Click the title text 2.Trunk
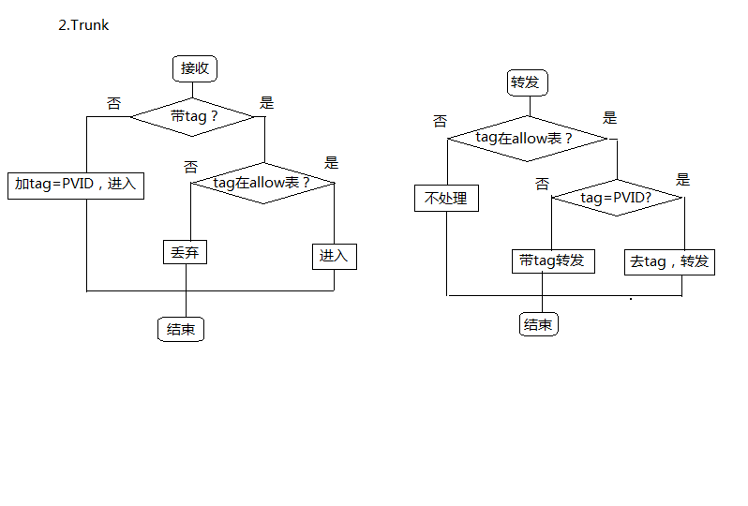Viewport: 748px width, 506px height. tap(83, 25)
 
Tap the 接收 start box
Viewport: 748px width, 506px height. tap(195, 68)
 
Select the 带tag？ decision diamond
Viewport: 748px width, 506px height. tap(193, 116)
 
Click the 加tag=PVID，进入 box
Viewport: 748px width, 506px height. tap(76, 185)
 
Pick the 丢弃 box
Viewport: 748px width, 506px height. tap(185, 252)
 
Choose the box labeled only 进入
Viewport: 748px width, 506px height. tap(334, 256)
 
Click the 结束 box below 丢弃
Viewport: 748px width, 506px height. tap(181, 329)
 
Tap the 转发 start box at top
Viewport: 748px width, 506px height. tap(525, 82)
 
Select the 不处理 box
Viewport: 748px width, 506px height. tap(446, 199)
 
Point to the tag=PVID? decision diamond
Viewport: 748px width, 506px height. tap(616, 198)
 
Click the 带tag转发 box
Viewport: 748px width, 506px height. tap(552, 260)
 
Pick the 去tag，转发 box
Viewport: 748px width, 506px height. tap(669, 261)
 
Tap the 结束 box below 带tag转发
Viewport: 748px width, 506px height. tap(538, 325)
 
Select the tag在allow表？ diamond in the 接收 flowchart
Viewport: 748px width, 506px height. tap(262, 183)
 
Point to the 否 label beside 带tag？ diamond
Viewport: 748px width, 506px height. tap(114, 103)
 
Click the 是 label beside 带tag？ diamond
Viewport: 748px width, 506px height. tap(266, 103)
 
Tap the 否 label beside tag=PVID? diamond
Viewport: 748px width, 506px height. tap(542, 184)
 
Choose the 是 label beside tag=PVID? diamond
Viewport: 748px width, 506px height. tap(682, 180)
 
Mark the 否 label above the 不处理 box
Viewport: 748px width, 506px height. tap(440, 121)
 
